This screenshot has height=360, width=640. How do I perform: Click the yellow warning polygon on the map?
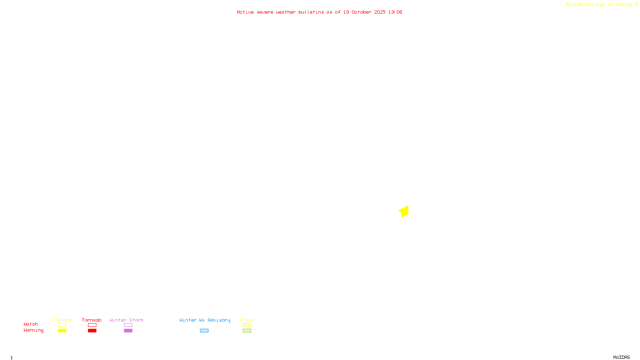click(x=404, y=212)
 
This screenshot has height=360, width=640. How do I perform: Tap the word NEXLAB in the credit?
click(x=574, y=5)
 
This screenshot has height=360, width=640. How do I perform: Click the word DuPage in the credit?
click(x=624, y=5)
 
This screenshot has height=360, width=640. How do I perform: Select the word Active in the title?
click(x=245, y=12)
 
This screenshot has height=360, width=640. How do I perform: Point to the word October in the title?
click(x=361, y=12)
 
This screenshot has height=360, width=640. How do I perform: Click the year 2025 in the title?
click(x=380, y=12)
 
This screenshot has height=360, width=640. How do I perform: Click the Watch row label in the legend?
click(x=31, y=324)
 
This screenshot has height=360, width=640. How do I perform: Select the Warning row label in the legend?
click(x=33, y=330)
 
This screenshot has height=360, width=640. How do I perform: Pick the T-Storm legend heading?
click(x=62, y=320)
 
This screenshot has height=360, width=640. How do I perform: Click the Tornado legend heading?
click(x=92, y=320)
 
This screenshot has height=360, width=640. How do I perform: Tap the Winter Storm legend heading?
click(x=126, y=320)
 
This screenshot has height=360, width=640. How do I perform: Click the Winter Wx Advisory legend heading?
click(x=205, y=320)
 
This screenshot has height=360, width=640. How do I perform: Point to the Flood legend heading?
click(x=247, y=320)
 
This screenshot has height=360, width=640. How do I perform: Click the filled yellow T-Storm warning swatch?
click(x=62, y=331)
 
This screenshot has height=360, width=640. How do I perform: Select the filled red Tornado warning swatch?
click(x=92, y=331)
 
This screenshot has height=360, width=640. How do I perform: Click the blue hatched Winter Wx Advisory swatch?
click(x=204, y=331)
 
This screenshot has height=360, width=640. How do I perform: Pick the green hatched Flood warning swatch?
click(x=247, y=331)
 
